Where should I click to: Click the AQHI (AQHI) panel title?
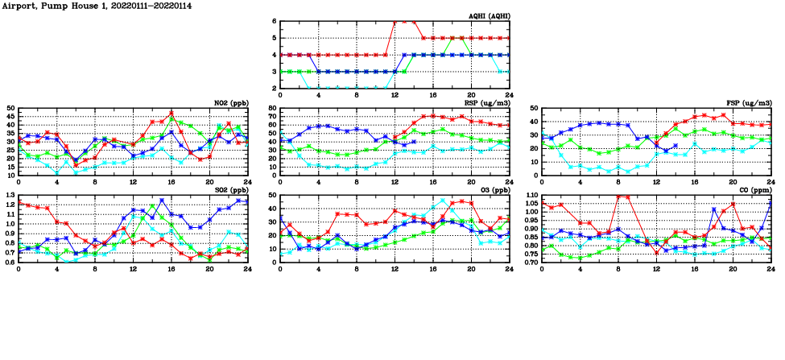click(x=489, y=15)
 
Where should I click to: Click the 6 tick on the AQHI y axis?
click(x=274, y=21)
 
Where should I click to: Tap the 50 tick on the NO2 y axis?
click(x=10, y=108)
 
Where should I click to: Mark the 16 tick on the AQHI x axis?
click(x=432, y=95)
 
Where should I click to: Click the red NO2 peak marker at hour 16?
click(x=171, y=113)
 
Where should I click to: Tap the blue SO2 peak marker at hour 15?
click(x=162, y=201)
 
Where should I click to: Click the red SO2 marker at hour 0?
click(x=19, y=203)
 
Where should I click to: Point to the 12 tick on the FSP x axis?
click(x=656, y=182)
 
